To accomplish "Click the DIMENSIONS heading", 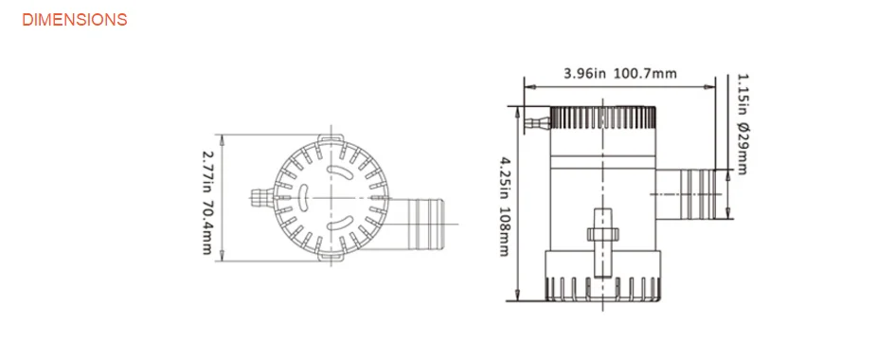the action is (x=74, y=19).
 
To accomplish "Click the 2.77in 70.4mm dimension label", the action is (x=207, y=202).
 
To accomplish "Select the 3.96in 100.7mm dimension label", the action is (x=620, y=74).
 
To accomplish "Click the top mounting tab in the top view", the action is (x=331, y=138).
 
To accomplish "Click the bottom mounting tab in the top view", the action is (x=331, y=258).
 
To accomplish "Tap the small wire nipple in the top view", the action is (x=262, y=198).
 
